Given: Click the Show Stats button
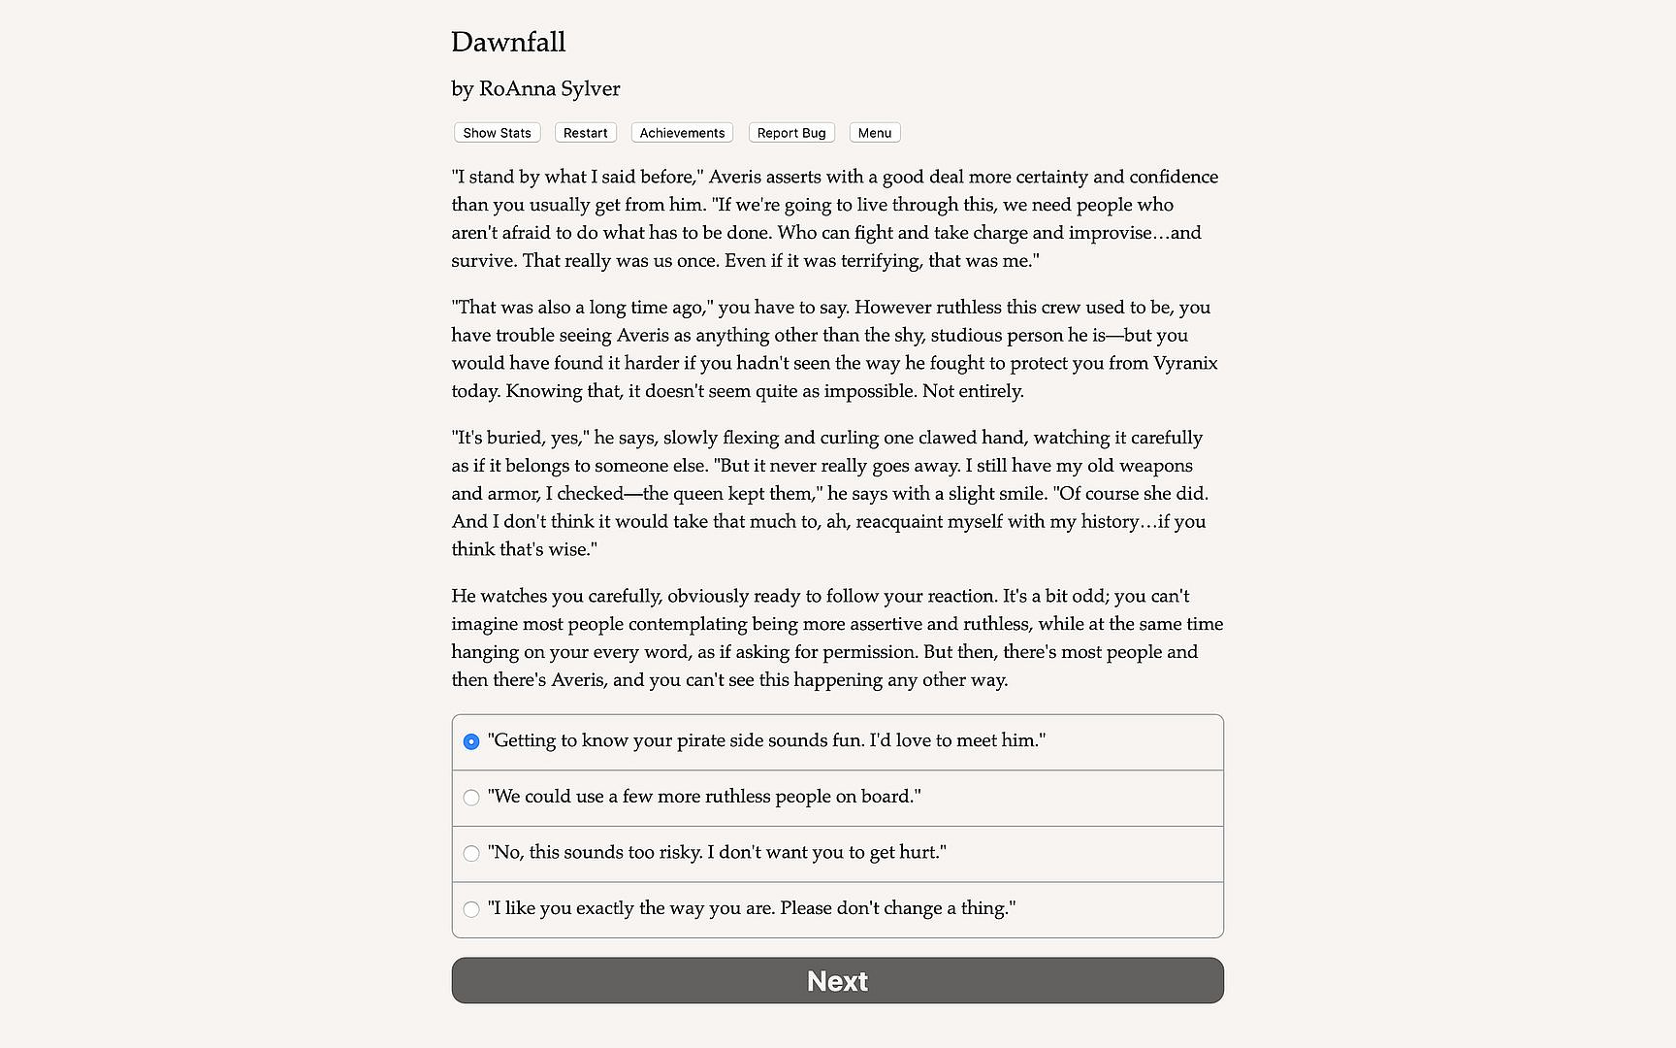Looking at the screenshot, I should click(x=497, y=133).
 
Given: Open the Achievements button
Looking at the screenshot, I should click(x=682, y=133).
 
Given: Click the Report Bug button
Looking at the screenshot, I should click(x=791, y=133).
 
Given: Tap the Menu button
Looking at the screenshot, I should click(x=874, y=133).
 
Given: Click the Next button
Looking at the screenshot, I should click(x=837, y=981).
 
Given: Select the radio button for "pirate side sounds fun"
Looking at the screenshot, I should click(x=471, y=741).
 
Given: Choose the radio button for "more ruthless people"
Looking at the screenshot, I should click(x=471, y=798).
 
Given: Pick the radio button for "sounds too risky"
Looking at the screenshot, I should click(x=471, y=854).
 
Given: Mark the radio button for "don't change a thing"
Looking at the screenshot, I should click(x=471, y=909).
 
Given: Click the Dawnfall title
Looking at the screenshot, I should click(x=508, y=42).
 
